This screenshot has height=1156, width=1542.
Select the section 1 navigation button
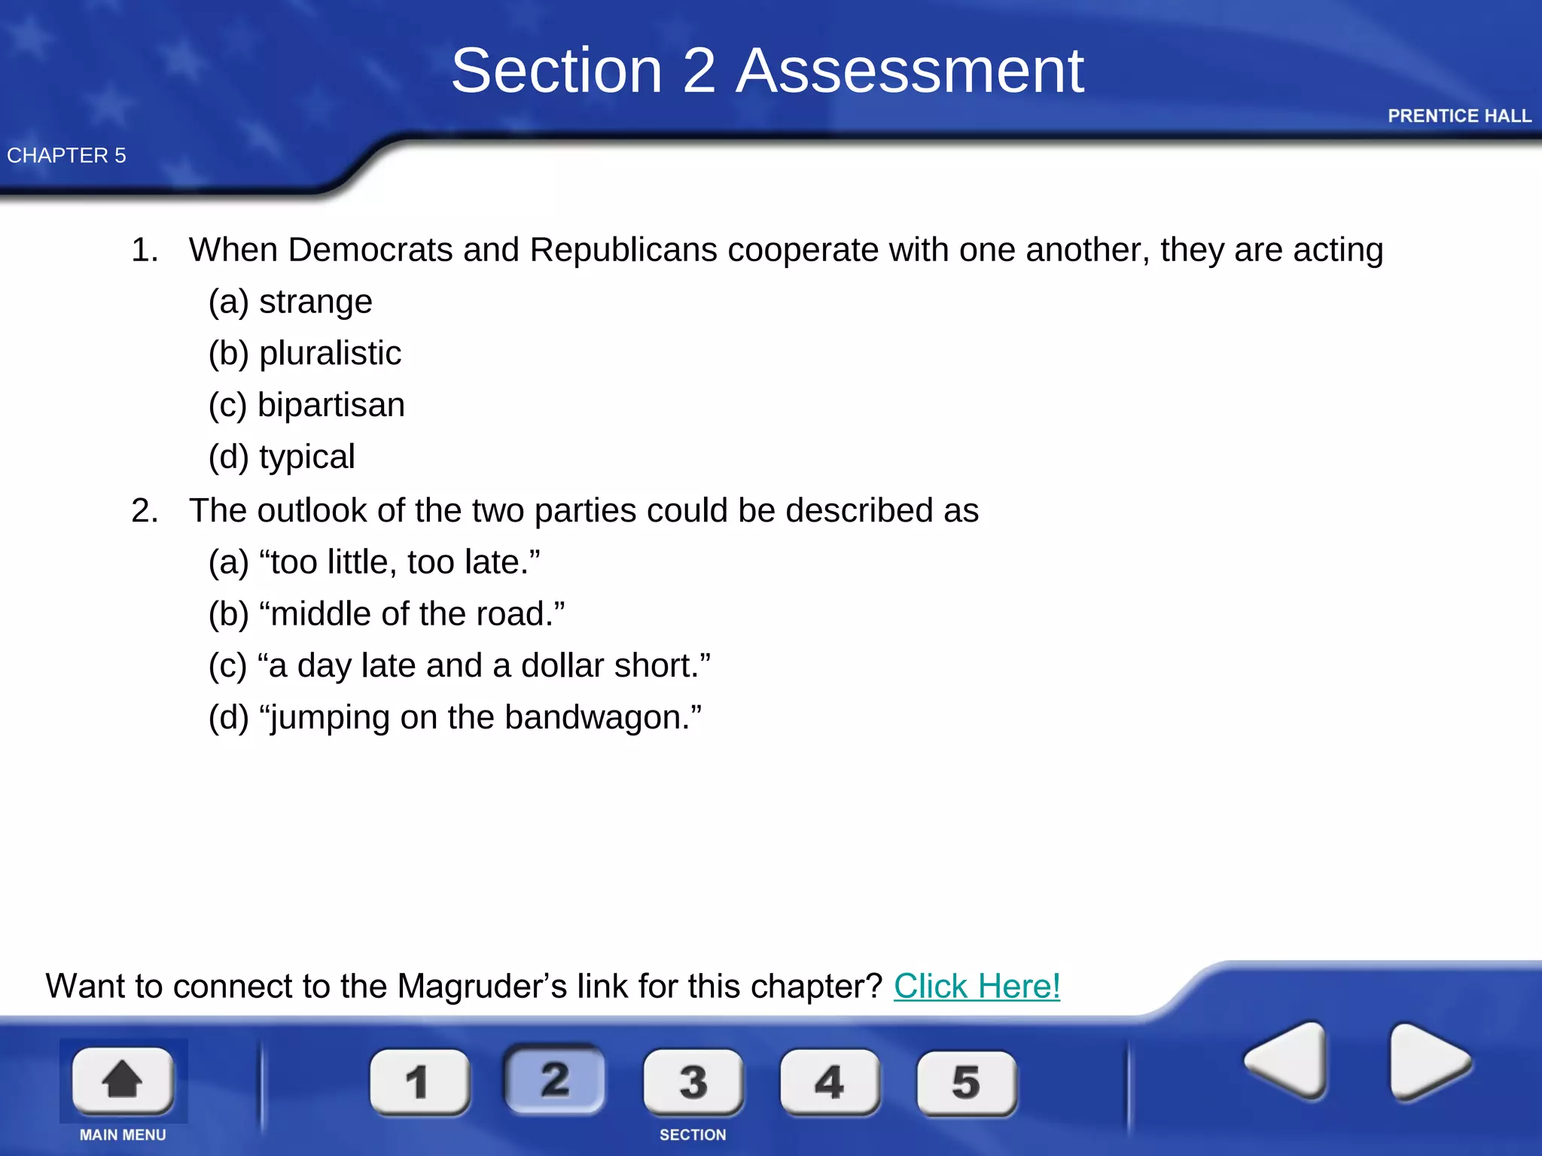(x=419, y=1081)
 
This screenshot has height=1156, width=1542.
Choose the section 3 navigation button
(x=693, y=1081)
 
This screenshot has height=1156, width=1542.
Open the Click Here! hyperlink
(x=977, y=986)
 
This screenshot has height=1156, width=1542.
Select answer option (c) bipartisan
(x=306, y=405)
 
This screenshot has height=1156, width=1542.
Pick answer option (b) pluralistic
(x=305, y=353)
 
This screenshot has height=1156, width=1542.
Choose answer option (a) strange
(x=291, y=302)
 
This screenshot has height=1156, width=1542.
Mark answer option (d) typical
(x=282, y=457)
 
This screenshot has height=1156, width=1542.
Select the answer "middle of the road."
(x=386, y=614)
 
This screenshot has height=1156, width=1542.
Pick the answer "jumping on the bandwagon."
(x=455, y=717)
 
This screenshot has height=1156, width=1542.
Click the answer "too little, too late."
(x=374, y=562)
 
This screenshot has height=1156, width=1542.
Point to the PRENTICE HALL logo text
(x=1459, y=116)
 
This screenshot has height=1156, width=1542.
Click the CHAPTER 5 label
(x=66, y=156)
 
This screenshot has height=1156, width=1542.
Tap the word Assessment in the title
(x=910, y=71)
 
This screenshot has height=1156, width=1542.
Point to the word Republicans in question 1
(x=623, y=250)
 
